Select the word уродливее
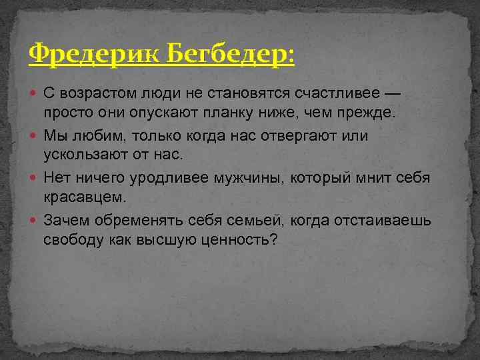[x=174, y=178]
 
